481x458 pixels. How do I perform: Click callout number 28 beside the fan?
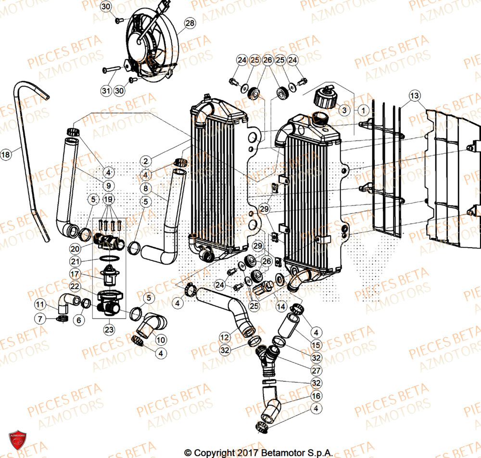point(190,23)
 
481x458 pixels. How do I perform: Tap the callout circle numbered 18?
point(5,155)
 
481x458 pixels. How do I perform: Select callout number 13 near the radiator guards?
point(415,95)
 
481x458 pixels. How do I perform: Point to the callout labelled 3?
point(343,110)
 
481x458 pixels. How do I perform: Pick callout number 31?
point(106,90)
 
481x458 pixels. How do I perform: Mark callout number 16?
point(316,396)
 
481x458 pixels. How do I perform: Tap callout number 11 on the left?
point(40,304)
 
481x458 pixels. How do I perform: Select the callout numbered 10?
point(160,340)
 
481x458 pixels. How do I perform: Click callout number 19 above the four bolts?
point(108,199)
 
